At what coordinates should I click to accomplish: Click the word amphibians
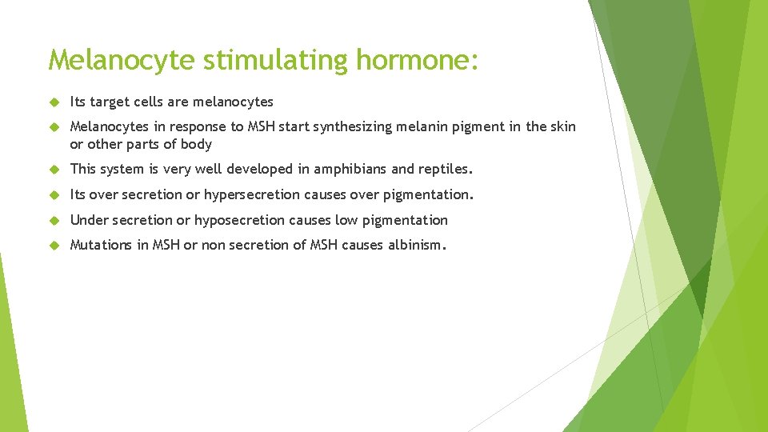pos(349,170)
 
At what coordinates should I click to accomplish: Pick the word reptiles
pos(446,170)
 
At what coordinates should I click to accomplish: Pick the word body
pos(196,144)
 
